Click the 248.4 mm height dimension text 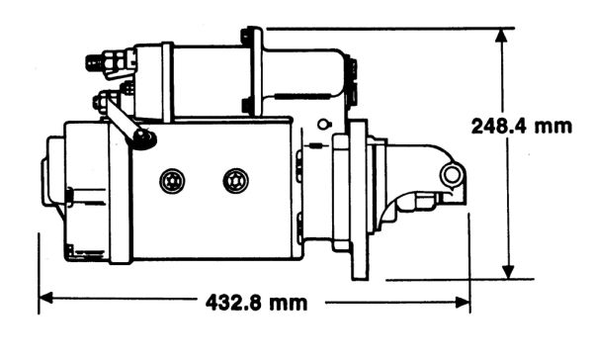[522, 126]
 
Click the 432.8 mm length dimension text [256, 303]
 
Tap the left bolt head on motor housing [172, 181]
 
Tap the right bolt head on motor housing [236, 181]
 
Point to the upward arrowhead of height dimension [501, 36]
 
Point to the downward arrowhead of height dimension [508, 272]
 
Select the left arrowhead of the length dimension [45, 298]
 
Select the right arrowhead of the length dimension [463, 303]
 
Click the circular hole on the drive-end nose [451, 175]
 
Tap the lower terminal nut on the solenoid [100, 102]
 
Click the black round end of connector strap [144, 138]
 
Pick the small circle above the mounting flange [324, 124]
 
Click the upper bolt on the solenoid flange [245, 37]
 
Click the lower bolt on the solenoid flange [246, 105]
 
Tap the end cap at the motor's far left [53, 171]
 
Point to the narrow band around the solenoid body [167, 82]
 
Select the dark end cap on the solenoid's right [351, 80]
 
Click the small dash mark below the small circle [316, 145]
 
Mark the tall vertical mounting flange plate [359, 200]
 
